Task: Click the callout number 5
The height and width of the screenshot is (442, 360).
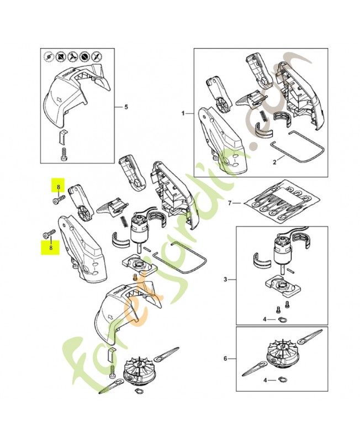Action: (x=126, y=106)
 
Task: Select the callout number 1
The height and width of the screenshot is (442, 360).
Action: (x=183, y=112)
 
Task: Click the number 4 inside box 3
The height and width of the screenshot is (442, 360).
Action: (x=264, y=319)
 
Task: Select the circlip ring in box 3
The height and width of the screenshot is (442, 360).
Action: (x=283, y=319)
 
